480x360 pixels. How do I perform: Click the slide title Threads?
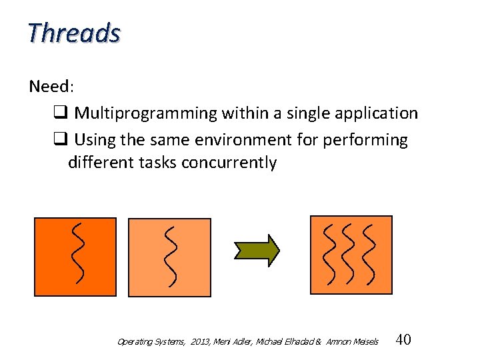pyautogui.click(x=74, y=32)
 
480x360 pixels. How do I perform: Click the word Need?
pyautogui.click(x=49, y=87)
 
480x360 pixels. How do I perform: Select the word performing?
pyautogui.click(x=371, y=140)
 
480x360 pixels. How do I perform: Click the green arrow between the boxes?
pyautogui.click(x=257, y=250)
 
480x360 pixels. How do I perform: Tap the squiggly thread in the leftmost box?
pyautogui.click(x=78, y=252)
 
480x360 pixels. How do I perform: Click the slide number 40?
pyautogui.click(x=403, y=340)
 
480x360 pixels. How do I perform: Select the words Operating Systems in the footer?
pyautogui.click(x=149, y=342)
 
